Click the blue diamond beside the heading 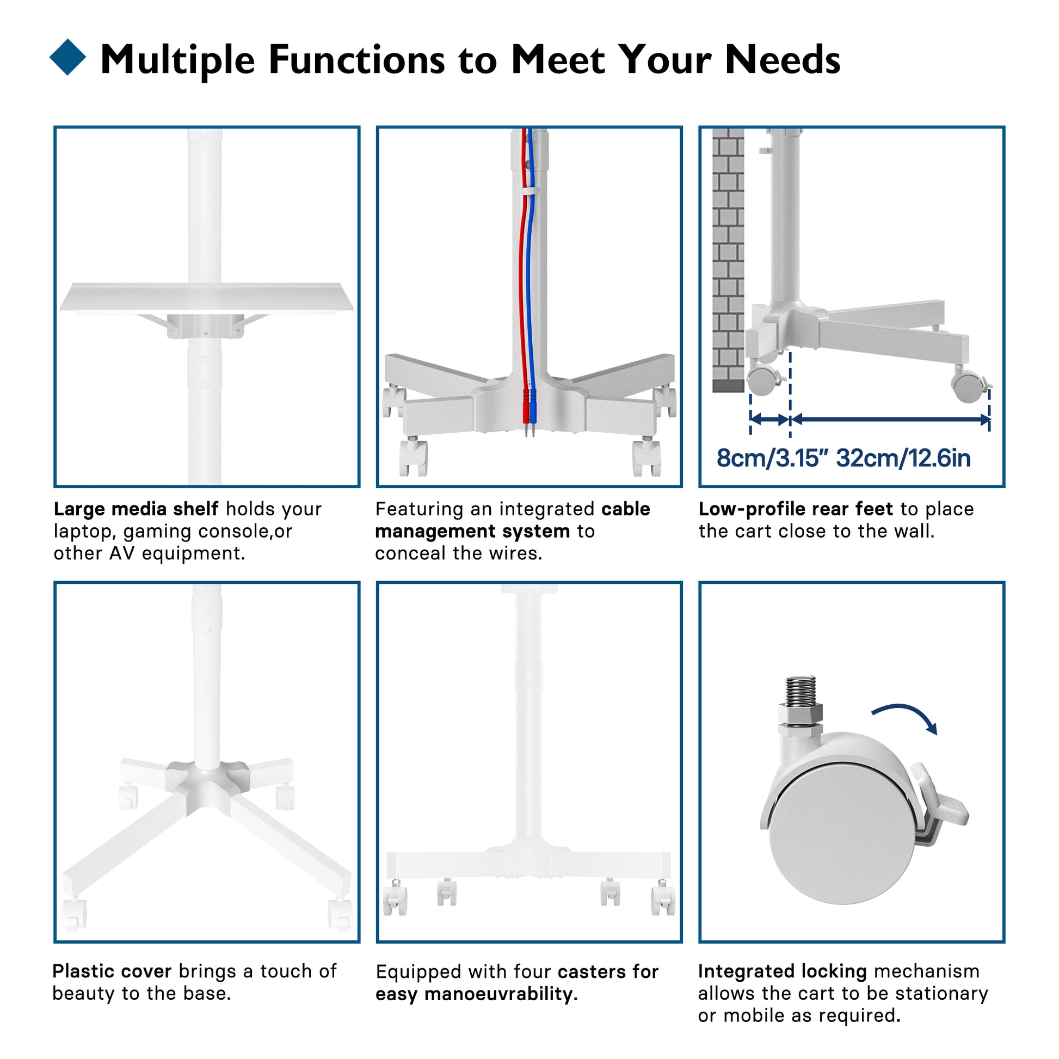point(68,57)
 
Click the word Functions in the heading point(356,59)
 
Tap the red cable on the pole point(524,274)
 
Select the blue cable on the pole point(531,274)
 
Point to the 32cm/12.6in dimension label point(903,458)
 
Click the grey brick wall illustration point(728,260)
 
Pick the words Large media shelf point(136,509)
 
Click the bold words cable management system point(513,520)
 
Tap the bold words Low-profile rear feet point(796,509)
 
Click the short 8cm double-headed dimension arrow point(770,420)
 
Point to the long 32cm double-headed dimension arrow point(890,420)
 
